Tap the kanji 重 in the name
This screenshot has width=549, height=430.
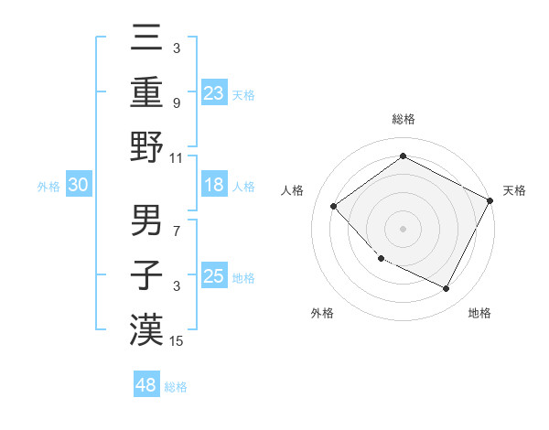146,93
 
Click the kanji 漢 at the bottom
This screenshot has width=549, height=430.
146,329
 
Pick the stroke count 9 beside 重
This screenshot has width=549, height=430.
178,102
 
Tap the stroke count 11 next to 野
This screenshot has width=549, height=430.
178,157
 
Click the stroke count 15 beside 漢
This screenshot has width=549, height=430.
178,341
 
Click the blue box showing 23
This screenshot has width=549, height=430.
214,92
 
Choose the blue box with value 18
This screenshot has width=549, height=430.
214,185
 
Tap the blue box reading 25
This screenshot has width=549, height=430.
214,276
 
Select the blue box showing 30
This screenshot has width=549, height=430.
78,185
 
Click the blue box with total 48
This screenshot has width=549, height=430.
146,385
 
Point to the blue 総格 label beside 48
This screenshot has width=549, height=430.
176,387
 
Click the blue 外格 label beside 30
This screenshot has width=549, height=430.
48,187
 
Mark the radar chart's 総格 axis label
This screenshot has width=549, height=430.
403,119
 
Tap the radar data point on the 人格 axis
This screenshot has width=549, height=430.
334,207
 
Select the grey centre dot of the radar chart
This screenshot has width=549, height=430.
403,228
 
